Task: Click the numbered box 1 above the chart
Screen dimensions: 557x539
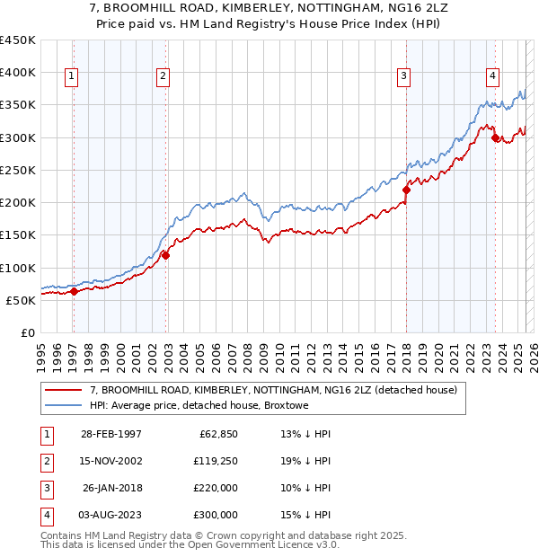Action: coord(71,76)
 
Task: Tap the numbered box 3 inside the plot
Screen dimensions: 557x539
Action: coord(405,76)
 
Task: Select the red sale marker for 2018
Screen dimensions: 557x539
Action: coord(406,190)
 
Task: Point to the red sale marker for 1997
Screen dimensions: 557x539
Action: coord(75,291)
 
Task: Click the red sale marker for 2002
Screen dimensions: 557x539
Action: coord(165,255)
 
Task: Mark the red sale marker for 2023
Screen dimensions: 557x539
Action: coord(496,137)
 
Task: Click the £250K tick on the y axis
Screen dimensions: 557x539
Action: coord(18,170)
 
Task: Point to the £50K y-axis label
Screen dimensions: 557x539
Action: coord(21,300)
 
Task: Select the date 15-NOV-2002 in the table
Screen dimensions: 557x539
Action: coord(111,462)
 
